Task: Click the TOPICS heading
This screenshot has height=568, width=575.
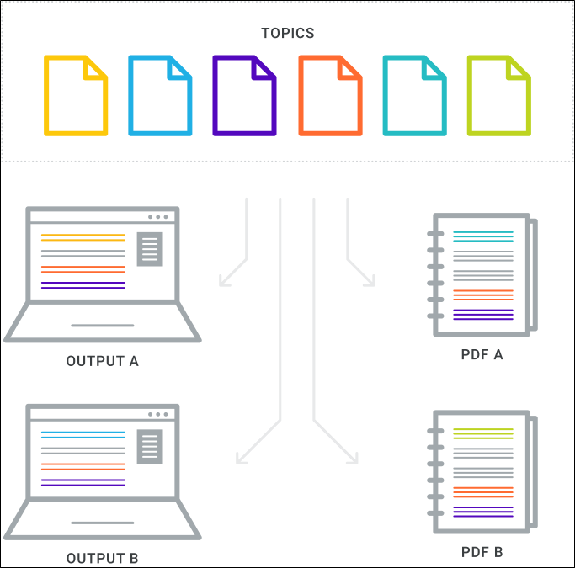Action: point(288,34)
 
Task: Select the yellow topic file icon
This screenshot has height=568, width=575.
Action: point(76,95)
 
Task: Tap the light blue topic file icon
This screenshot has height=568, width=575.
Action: point(160,95)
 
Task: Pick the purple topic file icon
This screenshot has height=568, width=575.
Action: point(245,95)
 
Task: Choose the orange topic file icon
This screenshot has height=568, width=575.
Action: point(330,95)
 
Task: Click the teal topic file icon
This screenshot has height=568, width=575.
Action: point(414,95)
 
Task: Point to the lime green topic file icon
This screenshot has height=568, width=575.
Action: point(499,95)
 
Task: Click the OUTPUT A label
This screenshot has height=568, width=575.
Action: point(103,361)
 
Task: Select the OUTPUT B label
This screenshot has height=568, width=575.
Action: point(103,558)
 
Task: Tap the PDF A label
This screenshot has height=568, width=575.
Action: point(482,355)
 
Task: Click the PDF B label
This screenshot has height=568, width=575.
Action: point(482,552)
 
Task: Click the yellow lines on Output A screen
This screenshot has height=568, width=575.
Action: point(83,238)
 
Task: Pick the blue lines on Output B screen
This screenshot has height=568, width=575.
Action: point(83,435)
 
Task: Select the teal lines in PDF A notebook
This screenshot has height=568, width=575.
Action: point(482,236)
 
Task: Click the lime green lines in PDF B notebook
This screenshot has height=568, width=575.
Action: point(482,433)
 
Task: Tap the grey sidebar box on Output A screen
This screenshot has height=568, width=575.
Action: point(150,248)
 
